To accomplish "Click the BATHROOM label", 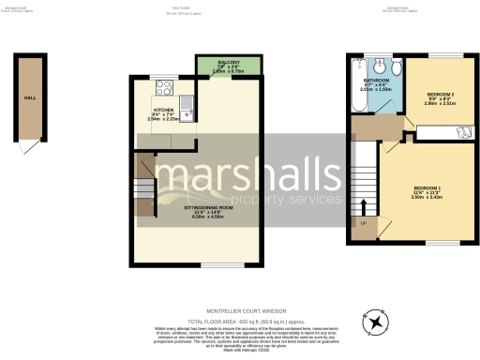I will coord(377,83).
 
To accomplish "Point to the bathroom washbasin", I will coord(379,67).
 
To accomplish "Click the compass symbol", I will coord(376,322).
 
